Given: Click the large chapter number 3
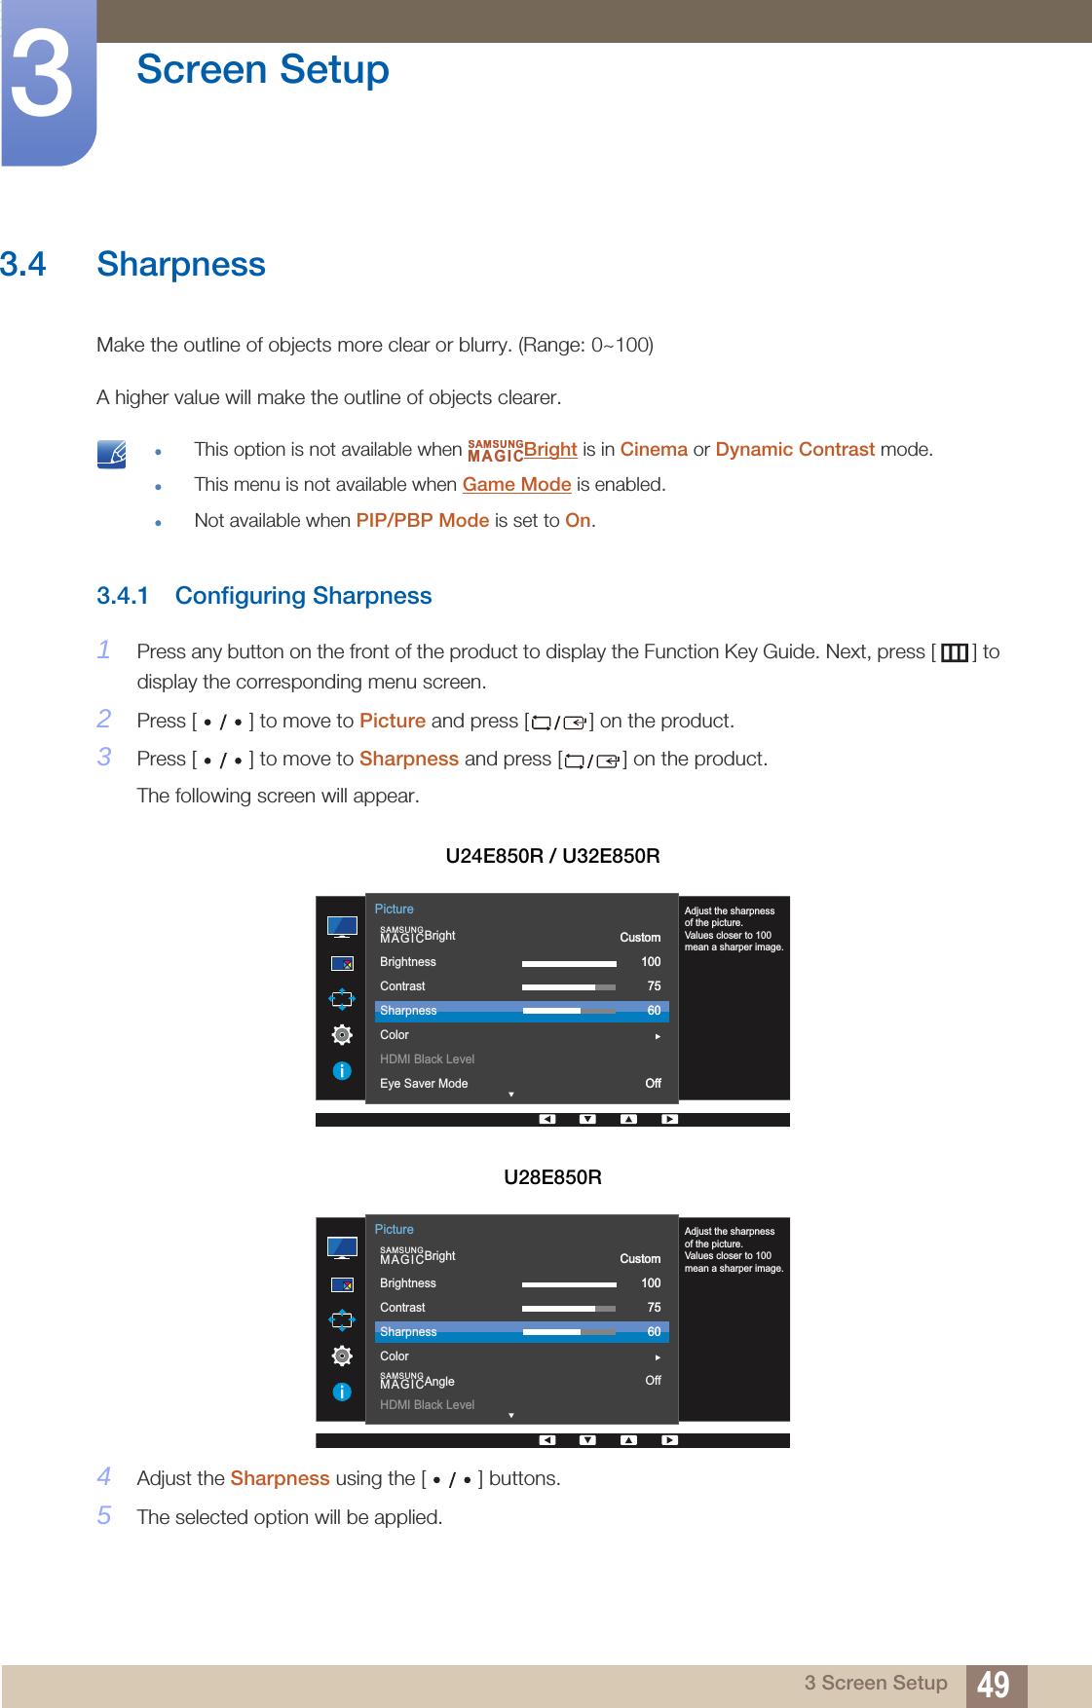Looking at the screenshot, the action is pos(42,76).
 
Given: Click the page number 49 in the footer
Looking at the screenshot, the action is pos(993,1684).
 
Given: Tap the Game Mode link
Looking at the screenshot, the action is pos(516,485).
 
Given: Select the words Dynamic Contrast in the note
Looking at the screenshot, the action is pos(795,450).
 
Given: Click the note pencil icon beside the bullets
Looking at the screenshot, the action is pos(112,454).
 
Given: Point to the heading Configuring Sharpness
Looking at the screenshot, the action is pos(303,596).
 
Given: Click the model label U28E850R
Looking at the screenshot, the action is pos(552,1177).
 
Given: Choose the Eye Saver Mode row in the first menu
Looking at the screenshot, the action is pos(424,1084).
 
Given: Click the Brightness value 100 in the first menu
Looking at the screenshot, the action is pos(651,962).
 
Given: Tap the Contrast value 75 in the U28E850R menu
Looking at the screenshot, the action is pos(654,1308).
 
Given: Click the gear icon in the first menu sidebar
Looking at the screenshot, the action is pos(342,1034).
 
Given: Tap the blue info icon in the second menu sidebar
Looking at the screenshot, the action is pos(342,1392).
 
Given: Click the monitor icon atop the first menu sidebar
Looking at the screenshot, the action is pos(342,926).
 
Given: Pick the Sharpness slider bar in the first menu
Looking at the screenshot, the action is pos(569,1011).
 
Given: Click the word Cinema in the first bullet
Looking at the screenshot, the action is pos(654,450).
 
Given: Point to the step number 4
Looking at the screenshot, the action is pos(104,1477).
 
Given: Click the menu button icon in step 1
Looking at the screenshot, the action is pos(954,652).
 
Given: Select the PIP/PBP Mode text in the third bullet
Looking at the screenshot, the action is pos(422,521).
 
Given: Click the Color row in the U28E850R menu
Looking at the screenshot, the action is pos(395,1356).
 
